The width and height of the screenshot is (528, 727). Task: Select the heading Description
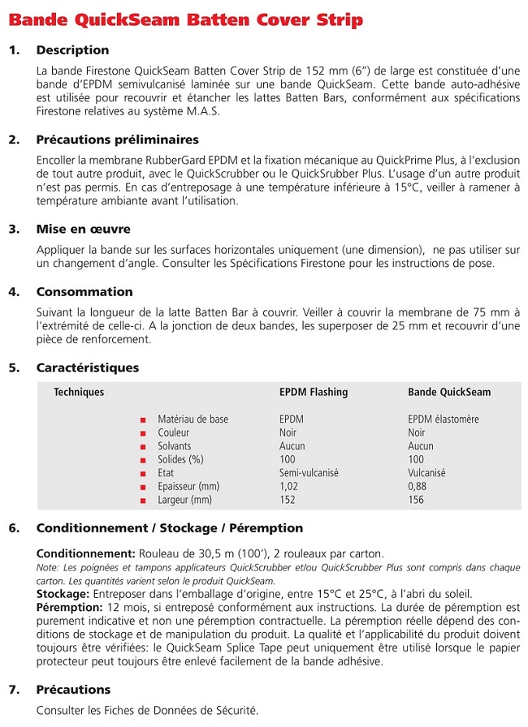coord(72,50)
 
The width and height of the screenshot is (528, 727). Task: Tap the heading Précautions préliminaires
coord(109,140)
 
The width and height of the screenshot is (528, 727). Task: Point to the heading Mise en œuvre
coord(83,229)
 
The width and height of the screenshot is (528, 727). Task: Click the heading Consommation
coord(84,292)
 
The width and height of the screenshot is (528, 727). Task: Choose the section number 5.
coord(13,368)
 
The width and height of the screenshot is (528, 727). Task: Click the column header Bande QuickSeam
coord(448,393)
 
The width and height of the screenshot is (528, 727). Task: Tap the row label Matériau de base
coord(193,419)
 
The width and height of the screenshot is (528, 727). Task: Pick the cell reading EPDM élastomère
coord(443,419)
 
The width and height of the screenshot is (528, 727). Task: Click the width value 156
coord(416,500)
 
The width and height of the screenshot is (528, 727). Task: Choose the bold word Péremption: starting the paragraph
coord(69,607)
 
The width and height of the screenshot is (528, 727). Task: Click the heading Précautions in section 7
coord(73,690)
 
